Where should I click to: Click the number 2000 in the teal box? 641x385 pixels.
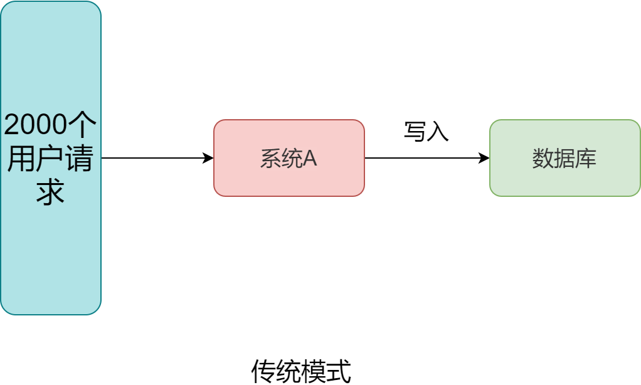pos(35,125)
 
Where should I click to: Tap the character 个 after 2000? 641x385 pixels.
pos(83,125)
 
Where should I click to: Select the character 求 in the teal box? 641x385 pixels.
pos(51,192)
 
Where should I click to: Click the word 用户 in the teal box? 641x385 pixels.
pos(36,159)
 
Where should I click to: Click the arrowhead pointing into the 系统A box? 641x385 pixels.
pos(209,158)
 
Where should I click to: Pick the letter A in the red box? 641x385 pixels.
pos(310,159)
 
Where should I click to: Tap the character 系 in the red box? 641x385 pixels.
pos(271,159)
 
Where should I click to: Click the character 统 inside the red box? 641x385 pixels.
pos(292,159)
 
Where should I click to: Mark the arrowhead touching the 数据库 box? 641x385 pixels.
pos(485,158)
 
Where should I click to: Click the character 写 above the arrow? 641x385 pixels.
pos(415,132)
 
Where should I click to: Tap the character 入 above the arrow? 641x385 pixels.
pos(438,132)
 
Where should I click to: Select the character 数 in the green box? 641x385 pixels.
pos(543,159)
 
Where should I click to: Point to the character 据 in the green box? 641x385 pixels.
pos(564,159)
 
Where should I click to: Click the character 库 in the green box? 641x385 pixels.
pos(586,159)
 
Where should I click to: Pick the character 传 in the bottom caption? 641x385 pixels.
pos(263,371)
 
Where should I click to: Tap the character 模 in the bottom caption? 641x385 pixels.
pos(314,371)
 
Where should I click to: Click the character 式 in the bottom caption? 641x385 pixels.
pos(339,371)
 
